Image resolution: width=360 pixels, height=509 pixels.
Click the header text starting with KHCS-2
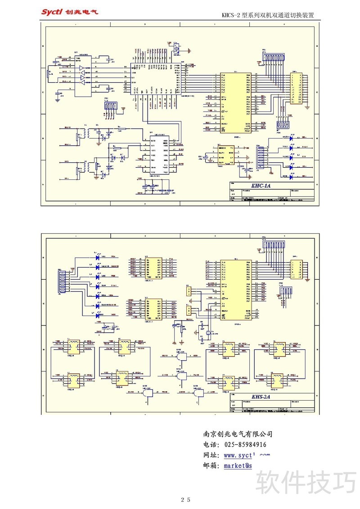click(x=267, y=15)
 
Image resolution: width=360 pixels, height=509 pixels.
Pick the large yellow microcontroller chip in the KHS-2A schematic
click(x=235, y=290)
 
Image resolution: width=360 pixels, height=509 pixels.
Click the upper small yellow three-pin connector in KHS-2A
click(x=189, y=291)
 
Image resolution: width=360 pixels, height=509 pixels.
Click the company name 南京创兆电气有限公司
click(x=238, y=434)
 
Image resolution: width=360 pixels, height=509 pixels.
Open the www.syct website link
click(x=247, y=455)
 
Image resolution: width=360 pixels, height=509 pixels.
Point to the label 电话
click(x=211, y=445)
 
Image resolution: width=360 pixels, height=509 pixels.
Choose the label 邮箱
click(x=211, y=466)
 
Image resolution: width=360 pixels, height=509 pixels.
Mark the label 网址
click(x=211, y=455)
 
